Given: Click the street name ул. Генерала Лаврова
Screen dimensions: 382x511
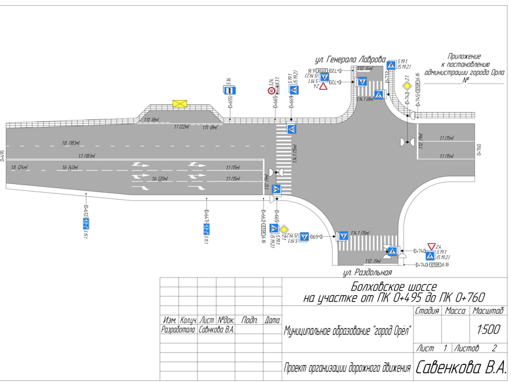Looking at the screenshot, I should pyautogui.click(x=349, y=60).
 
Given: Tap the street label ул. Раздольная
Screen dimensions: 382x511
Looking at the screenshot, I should pyautogui.click(x=368, y=273).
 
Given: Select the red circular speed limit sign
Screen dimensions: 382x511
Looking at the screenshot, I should pyautogui.click(x=271, y=91).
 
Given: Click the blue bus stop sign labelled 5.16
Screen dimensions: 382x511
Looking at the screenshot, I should pyautogui.click(x=230, y=91).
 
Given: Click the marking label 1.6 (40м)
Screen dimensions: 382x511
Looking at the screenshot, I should pyautogui.click(x=71, y=167).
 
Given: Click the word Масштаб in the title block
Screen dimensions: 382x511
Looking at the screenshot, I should pyautogui.click(x=487, y=310).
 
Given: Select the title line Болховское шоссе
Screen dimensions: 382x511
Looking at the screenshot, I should pyautogui.click(x=394, y=287).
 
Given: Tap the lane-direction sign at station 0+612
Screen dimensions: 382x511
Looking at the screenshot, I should pyautogui.click(x=85, y=223).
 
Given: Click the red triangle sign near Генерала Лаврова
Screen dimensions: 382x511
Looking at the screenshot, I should pyautogui.click(x=323, y=86).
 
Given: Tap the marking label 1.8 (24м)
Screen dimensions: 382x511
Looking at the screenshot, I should pyautogui.click(x=19, y=167).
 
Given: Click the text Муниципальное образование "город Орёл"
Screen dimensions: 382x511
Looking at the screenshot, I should pyautogui.click(x=348, y=330).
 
